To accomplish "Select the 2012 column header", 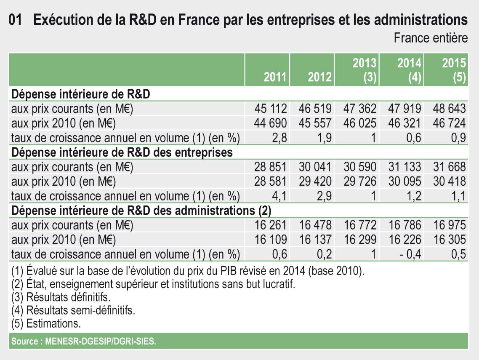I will click(x=320, y=77).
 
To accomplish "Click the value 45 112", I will click(x=271, y=109).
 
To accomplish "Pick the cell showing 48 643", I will click(x=449, y=109).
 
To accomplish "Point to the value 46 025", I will click(x=360, y=123).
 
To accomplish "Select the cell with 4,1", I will click(x=279, y=195).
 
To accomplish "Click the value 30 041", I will click(x=315, y=167).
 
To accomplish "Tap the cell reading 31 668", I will click(x=449, y=167).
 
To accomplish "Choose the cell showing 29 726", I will click(x=360, y=181).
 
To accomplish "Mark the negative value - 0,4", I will click(x=410, y=254).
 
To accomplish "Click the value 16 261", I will click(x=271, y=225).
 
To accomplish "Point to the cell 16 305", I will click(x=449, y=240).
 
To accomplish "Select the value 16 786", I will click(x=404, y=225).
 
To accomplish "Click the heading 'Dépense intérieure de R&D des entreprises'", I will click(x=122, y=152).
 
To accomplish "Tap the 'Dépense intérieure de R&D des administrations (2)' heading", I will click(x=141, y=210).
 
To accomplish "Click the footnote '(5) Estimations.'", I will click(x=46, y=324).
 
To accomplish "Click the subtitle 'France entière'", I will click(x=431, y=38).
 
